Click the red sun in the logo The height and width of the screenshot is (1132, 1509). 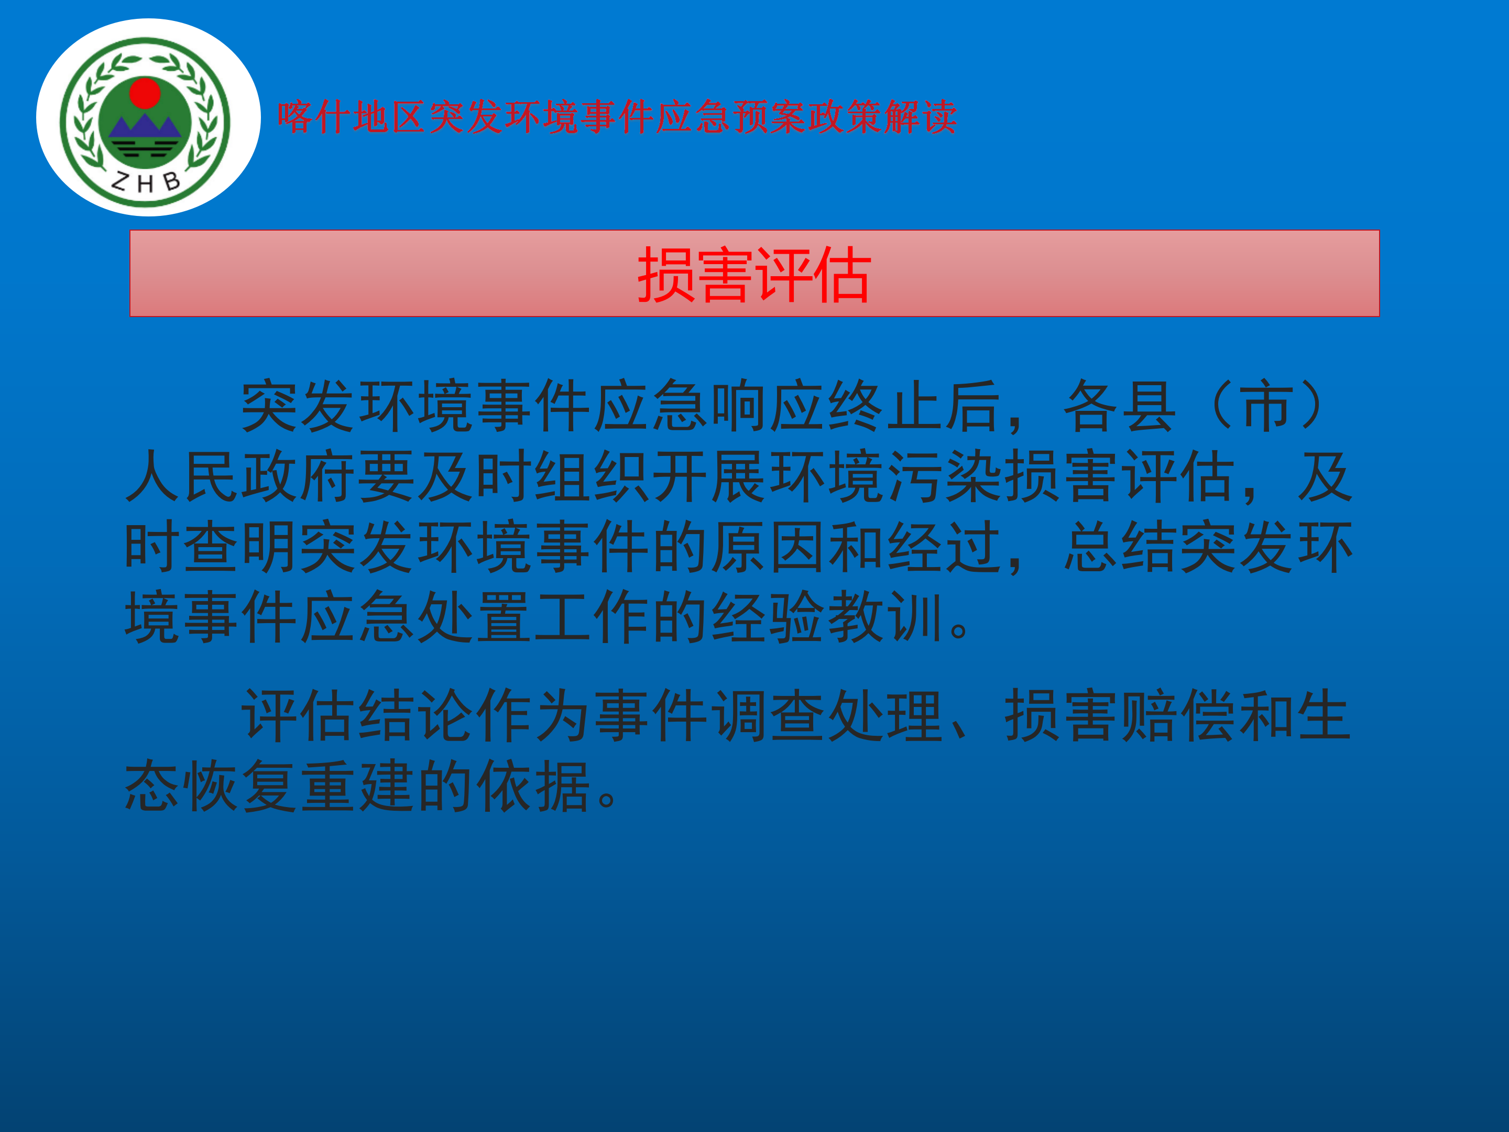tap(145, 93)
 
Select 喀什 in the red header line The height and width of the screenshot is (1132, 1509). tap(314, 117)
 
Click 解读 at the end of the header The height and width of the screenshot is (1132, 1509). tap(921, 117)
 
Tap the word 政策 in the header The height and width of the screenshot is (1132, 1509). tap(845, 117)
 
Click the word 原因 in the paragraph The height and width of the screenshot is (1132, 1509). tap(770, 547)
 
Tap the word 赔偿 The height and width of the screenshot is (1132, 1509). tap(1180, 715)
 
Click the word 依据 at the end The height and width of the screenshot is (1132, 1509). tap(535, 786)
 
